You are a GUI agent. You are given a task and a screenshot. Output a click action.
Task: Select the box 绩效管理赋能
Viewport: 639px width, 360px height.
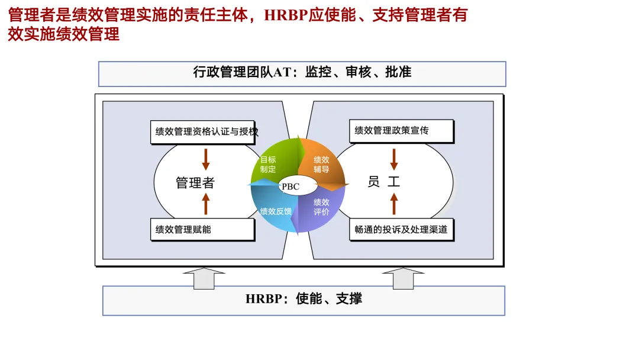coord(202,229)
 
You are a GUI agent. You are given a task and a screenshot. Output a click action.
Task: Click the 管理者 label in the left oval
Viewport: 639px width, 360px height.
coord(195,183)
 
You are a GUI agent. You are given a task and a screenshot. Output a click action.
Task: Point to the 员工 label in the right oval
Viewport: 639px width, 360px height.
coord(384,182)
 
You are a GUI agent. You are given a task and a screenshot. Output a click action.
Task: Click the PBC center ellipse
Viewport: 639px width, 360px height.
coord(291,186)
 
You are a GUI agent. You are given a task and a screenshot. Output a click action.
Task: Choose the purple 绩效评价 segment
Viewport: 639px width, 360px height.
coord(320,207)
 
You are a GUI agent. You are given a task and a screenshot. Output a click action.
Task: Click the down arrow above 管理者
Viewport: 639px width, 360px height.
coord(206,158)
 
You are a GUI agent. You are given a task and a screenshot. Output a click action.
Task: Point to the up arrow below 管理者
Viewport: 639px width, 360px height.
coord(206,204)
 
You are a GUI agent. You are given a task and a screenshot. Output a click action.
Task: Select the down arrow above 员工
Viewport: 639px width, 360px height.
coord(394,158)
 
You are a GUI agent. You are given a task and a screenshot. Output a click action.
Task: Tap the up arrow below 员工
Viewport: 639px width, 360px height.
coord(394,204)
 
